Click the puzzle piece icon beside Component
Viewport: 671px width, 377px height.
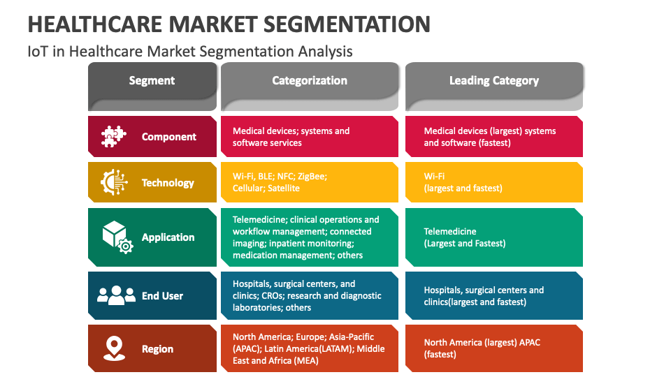click(x=113, y=137)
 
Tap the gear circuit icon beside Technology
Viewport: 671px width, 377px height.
click(x=114, y=182)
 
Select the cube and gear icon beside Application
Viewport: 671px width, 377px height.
click(x=117, y=237)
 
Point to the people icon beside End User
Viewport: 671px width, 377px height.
click(x=117, y=295)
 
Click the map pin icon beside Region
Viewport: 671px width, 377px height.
click(x=114, y=348)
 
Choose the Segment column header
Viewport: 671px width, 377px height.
click(x=152, y=87)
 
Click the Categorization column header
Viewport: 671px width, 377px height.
click(x=310, y=87)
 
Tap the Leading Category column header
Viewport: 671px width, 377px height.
click(x=494, y=87)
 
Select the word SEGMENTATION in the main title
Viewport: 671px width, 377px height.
click(x=347, y=24)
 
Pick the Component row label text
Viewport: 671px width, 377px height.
click(x=169, y=137)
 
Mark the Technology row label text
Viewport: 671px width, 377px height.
click(x=168, y=183)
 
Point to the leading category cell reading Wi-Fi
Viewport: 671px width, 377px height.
click(x=494, y=182)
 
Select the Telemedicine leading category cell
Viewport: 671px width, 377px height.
click(x=494, y=237)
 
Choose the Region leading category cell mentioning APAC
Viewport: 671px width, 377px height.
click(x=494, y=348)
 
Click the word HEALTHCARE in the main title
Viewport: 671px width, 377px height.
click(x=95, y=24)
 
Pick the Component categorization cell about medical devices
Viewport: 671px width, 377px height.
click(x=310, y=136)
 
